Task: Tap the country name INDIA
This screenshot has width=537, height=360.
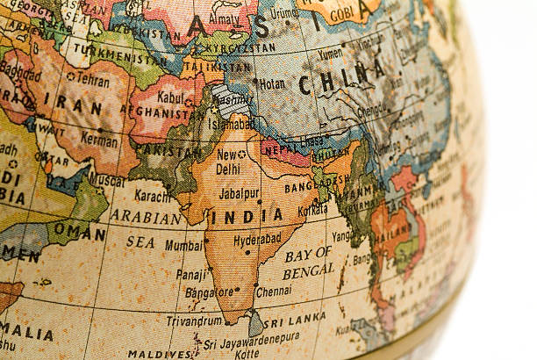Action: [247, 215]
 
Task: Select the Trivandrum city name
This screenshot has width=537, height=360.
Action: [193, 320]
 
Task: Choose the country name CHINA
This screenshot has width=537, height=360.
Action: [341, 79]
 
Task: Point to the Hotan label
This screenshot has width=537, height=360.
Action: [273, 83]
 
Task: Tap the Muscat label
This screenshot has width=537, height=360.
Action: [108, 181]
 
